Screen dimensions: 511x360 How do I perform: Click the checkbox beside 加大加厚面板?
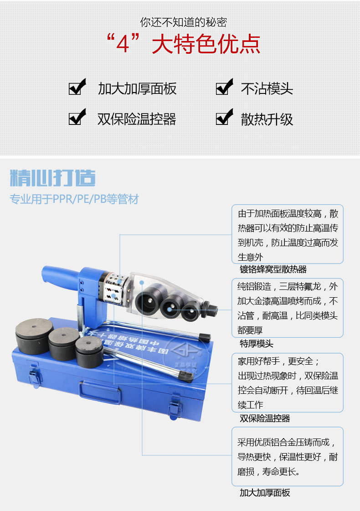77,87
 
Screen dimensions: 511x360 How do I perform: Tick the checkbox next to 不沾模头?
224,87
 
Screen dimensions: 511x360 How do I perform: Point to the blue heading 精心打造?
53,178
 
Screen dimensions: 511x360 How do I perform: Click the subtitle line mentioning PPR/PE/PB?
74,199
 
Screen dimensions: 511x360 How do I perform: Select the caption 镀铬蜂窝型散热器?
273,269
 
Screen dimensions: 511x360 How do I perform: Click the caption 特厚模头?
257,343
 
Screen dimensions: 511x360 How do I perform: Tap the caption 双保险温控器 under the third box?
265,418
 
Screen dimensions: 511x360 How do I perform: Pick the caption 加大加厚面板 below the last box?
265,492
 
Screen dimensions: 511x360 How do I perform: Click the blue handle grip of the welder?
59,275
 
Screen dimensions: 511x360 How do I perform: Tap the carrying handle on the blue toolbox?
101,392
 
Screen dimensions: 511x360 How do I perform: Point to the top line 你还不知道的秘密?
183,21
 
